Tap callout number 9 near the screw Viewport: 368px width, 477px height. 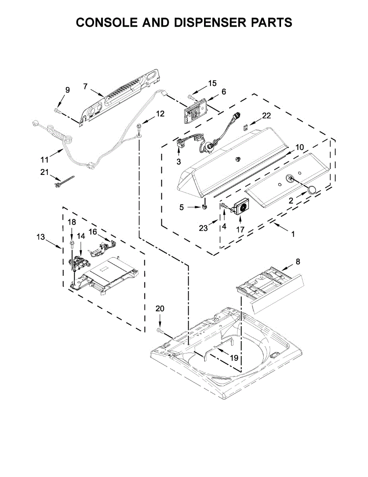click(67, 90)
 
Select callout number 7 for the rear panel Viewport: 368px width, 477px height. click(85, 86)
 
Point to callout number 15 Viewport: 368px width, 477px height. click(212, 83)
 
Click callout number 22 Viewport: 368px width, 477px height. click(266, 116)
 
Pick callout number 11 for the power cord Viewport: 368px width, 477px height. click(44, 159)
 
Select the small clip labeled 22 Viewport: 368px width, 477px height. click(247, 128)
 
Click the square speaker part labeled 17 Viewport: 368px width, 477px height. click(241, 207)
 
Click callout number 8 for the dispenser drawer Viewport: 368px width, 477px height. click(298, 262)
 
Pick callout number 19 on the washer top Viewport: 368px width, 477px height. click(234, 358)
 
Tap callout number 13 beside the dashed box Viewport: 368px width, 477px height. click(41, 237)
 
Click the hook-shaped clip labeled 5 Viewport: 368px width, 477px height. click(205, 205)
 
